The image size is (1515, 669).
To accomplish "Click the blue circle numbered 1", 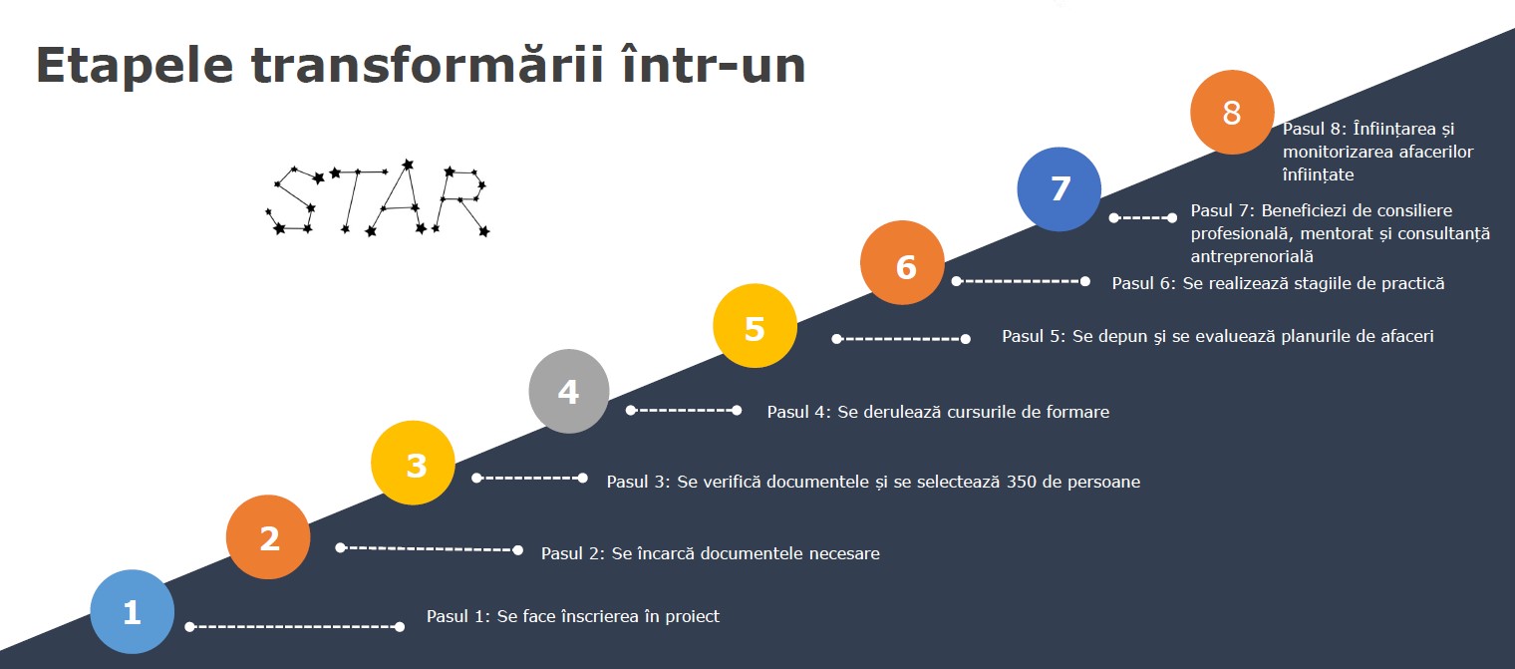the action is [133, 611].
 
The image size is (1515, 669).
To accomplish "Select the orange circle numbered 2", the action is [268, 537].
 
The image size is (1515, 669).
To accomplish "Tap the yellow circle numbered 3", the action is [414, 464].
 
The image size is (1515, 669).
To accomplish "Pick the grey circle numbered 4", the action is [569, 391].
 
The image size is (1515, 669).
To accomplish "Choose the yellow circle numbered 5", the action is [755, 326].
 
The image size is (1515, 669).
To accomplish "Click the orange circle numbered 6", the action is [902, 262].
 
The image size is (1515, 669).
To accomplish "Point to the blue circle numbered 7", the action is [1060, 189].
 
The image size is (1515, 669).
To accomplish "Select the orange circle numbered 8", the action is [1232, 113].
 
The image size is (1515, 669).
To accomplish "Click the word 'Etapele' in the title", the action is [135, 66].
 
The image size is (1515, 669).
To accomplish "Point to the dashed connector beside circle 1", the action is [295, 627].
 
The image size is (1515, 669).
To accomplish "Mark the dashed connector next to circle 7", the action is [1143, 217].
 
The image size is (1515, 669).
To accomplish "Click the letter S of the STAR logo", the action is [292, 200].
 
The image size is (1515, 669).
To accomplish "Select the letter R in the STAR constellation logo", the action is [460, 201].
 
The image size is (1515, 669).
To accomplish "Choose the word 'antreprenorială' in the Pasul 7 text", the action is [1252, 257].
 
